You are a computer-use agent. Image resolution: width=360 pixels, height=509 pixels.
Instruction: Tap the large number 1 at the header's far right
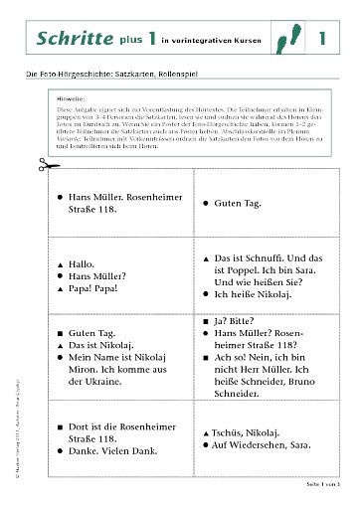321,39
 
